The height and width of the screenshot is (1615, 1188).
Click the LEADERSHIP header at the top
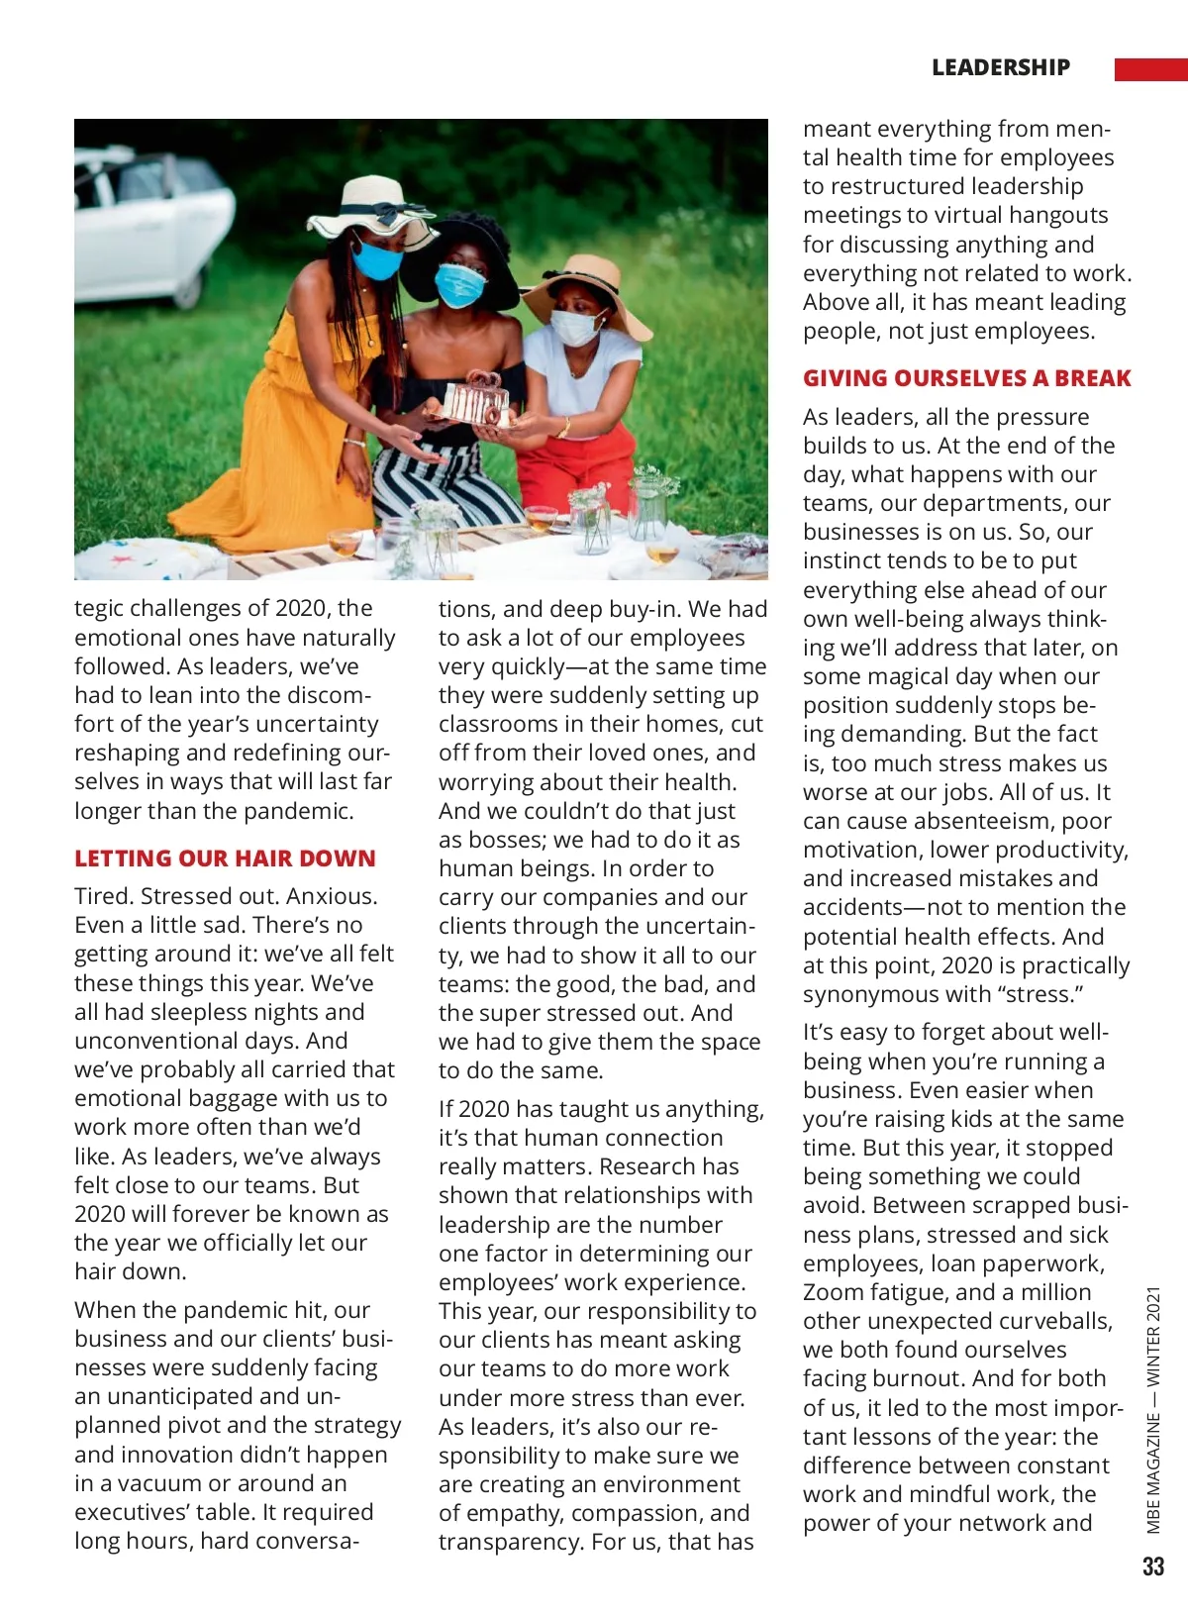click(1000, 67)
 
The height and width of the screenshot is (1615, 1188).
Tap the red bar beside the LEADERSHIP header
click(1150, 69)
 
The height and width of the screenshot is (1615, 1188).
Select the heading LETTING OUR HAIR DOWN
click(225, 858)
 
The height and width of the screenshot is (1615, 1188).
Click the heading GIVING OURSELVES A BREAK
click(966, 378)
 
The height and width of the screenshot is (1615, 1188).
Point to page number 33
click(1153, 1566)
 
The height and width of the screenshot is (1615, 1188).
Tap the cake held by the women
click(477, 401)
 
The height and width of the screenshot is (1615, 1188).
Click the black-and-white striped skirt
click(445, 484)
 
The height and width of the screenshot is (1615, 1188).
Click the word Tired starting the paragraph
click(104, 896)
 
